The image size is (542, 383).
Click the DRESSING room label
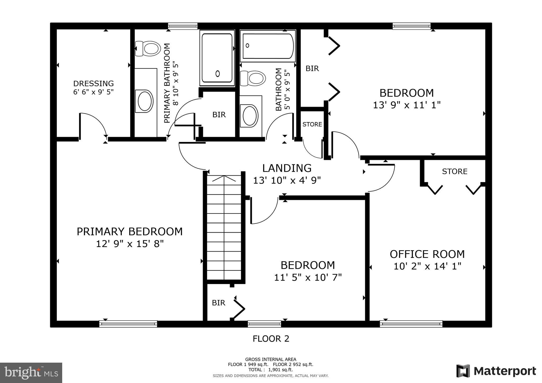click(x=93, y=84)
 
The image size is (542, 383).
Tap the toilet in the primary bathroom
click(x=148, y=48)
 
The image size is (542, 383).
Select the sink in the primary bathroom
click(x=144, y=101)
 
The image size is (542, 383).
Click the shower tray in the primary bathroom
click(x=217, y=58)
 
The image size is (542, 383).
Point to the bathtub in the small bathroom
click(x=268, y=46)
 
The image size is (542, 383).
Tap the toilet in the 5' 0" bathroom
click(x=253, y=78)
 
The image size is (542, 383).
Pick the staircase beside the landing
click(x=224, y=227)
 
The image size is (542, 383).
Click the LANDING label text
click(x=287, y=168)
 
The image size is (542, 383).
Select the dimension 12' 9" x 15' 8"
click(x=130, y=244)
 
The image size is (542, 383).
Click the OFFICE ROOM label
click(x=427, y=254)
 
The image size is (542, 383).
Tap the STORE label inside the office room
click(x=454, y=172)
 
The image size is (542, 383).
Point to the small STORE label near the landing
click(x=312, y=124)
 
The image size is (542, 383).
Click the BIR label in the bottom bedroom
click(x=218, y=303)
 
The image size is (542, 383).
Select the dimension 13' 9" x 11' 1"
click(x=406, y=105)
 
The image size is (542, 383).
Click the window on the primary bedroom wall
click(x=128, y=324)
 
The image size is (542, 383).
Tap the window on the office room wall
click(x=411, y=324)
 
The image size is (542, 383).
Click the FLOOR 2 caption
click(x=271, y=339)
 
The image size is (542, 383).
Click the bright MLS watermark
click(x=31, y=373)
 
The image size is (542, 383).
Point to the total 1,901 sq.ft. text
click(x=270, y=370)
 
